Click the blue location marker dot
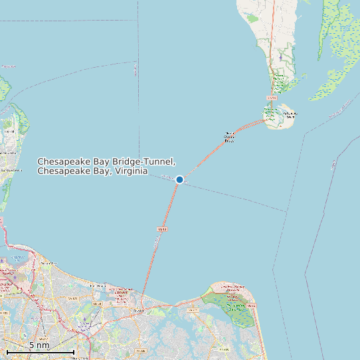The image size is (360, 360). (x=179, y=179)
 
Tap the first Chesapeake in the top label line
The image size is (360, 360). (x=63, y=161)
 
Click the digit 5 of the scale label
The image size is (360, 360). (x=31, y=345)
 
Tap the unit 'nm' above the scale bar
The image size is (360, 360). (x=44, y=345)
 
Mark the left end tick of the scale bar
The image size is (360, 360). (x=7, y=351)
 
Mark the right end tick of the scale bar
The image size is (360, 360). (x=74, y=351)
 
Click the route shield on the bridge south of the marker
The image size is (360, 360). (x=161, y=229)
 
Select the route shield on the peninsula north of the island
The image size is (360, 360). (x=271, y=98)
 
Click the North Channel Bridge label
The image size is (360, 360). (x=230, y=136)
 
